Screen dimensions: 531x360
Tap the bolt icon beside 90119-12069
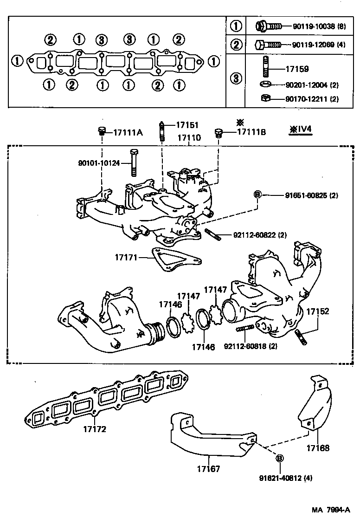coord(268,45)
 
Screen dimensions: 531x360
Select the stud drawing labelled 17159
coord(266,69)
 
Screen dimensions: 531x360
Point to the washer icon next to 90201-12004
coord(265,85)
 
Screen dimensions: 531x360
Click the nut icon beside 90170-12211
coord(265,99)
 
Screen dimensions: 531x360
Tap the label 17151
coord(186,125)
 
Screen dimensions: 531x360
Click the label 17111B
coord(251,132)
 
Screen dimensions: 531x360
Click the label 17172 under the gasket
coord(94,429)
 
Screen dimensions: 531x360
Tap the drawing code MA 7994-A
coord(330,510)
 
